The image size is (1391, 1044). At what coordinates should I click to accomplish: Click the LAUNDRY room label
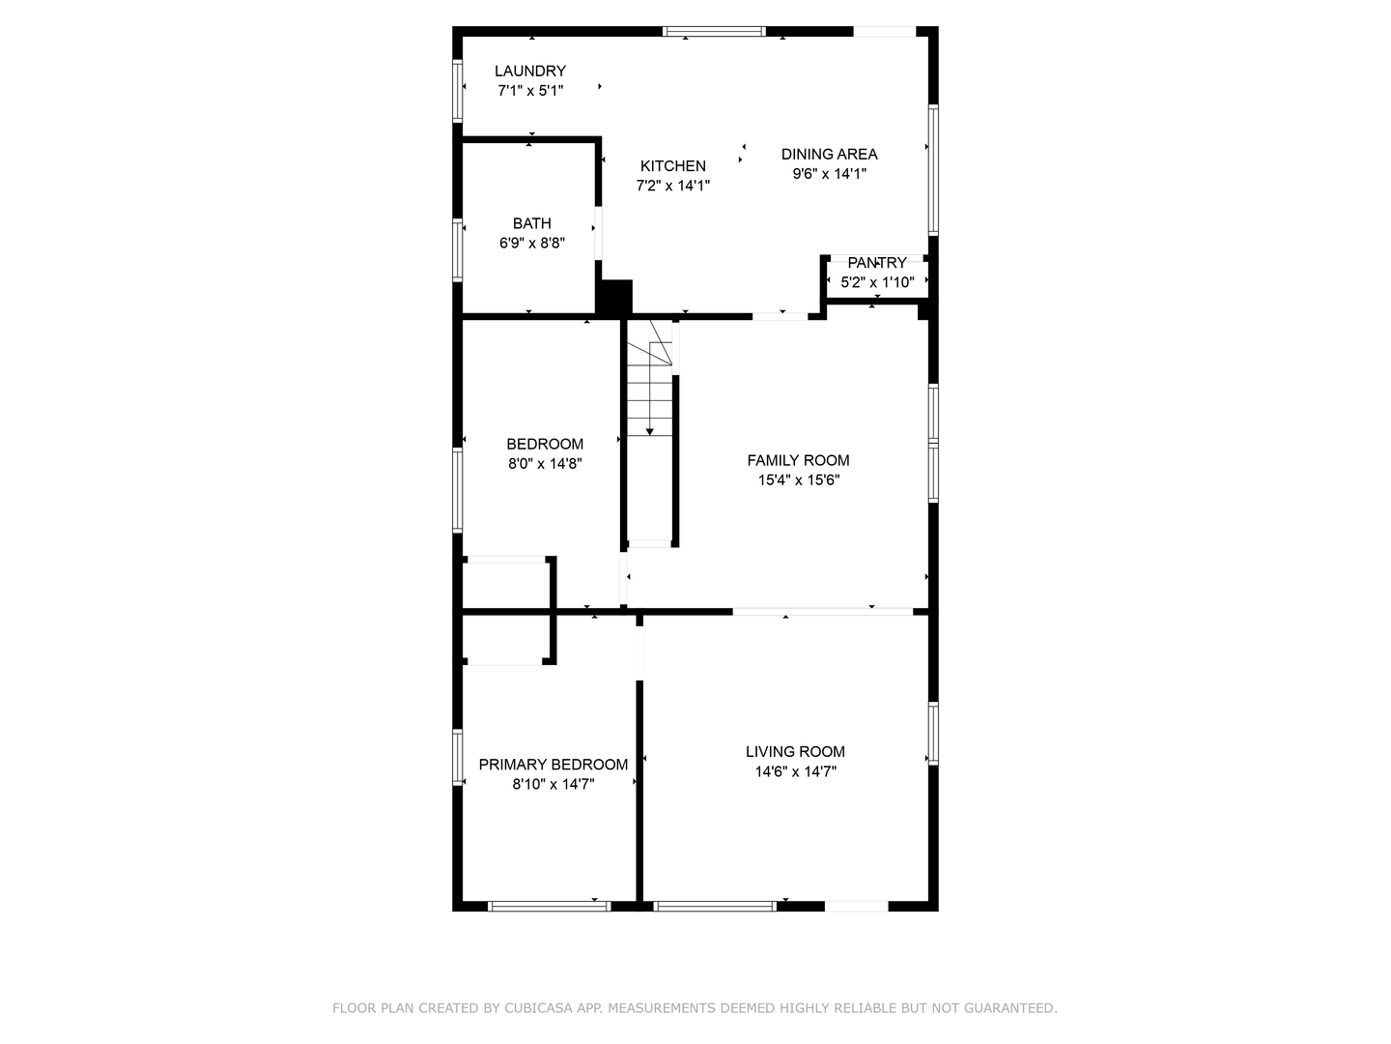click(529, 71)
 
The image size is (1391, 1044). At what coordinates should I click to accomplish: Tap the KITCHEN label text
click(672, 165)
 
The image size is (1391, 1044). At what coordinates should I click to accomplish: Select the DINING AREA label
click(829, 154)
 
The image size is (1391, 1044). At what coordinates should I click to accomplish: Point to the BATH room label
click(531, 223)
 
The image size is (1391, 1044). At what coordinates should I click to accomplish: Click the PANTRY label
click(877, 263)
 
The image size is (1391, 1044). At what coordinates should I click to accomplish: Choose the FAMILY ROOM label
click(798, 460)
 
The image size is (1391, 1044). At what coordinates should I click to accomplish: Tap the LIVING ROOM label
click(795, 751)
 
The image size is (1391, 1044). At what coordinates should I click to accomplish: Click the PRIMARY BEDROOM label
click(554, 765)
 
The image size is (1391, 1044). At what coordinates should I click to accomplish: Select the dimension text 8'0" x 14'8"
click(545, 464)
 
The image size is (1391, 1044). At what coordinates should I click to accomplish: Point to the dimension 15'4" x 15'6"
click(798, 480)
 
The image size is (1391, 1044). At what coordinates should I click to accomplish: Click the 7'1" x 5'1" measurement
click(530, 91)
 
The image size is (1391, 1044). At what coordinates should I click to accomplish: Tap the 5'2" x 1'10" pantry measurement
click(877, 283)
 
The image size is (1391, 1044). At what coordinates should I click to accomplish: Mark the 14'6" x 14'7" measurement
click(795, 772)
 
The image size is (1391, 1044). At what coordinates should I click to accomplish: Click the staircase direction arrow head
click(650, 431)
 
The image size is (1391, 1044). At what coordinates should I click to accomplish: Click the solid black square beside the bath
click(614, 296)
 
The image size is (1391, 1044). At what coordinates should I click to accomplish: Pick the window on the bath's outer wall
click(458, 249)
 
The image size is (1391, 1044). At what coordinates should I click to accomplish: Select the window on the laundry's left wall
click(458, 92)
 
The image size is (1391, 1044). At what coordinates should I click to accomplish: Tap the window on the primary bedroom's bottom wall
click(549, 906)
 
